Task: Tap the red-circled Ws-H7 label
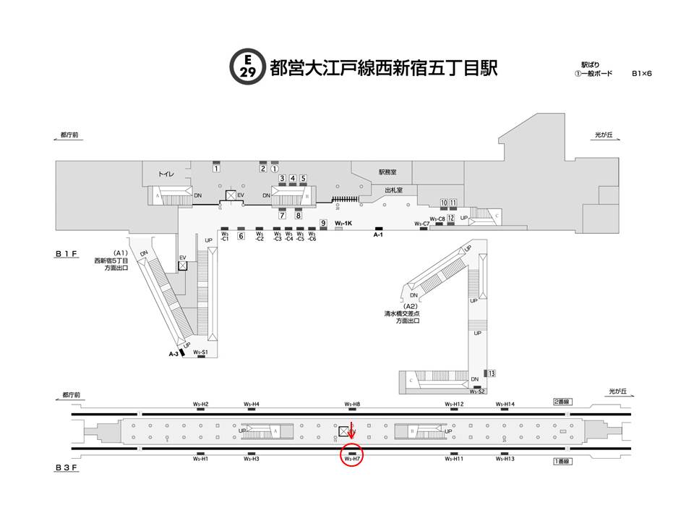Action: (352, 458)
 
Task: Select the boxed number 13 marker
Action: (492, 373)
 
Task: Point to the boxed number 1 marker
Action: (216, 169)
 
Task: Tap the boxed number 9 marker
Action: (324, 224)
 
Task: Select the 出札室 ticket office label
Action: (395, 190)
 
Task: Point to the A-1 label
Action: (377, 235)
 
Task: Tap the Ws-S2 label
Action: (476, 391)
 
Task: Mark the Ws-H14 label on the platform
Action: (505, 404)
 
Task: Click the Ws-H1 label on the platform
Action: (200, 458)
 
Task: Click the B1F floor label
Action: (66, 255)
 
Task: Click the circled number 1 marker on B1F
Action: (274, 169)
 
